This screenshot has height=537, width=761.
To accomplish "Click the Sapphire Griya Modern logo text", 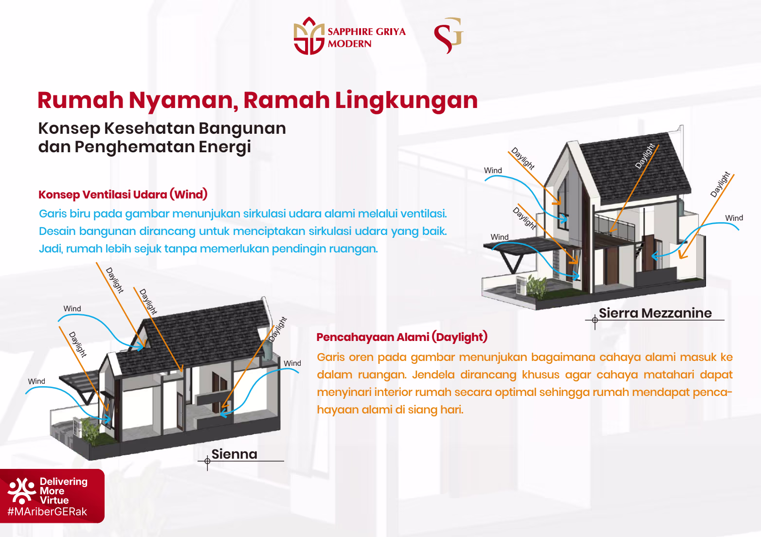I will [x=366, y=37].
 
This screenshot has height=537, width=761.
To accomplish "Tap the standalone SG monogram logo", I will [x=448, y=36].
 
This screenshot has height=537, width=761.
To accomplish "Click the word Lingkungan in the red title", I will [x=406, y=100].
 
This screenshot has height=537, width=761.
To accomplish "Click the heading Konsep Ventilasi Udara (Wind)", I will [x=123, y=195].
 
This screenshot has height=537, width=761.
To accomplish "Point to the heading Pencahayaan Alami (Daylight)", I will [x=401, y=337].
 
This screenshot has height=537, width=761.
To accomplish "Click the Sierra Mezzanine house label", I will [x=655, y=313].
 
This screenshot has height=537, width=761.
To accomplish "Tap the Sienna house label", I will [x=234, y=454].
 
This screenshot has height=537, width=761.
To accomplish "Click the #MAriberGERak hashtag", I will [x=47, y=512].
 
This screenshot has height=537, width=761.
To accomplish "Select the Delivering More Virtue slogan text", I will [x=63, y=491].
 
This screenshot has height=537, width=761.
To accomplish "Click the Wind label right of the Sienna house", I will [x=292, y=363].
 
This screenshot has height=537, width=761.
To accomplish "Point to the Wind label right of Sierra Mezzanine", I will [x=734, y=218].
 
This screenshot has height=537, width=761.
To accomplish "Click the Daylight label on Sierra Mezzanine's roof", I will [x=645, y=156].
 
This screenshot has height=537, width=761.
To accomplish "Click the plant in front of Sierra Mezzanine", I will [x=537, y=286].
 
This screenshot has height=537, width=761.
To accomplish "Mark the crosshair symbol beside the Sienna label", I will [x=207, y=461].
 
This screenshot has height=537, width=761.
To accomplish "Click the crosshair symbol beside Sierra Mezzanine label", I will [x=595, y=320].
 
